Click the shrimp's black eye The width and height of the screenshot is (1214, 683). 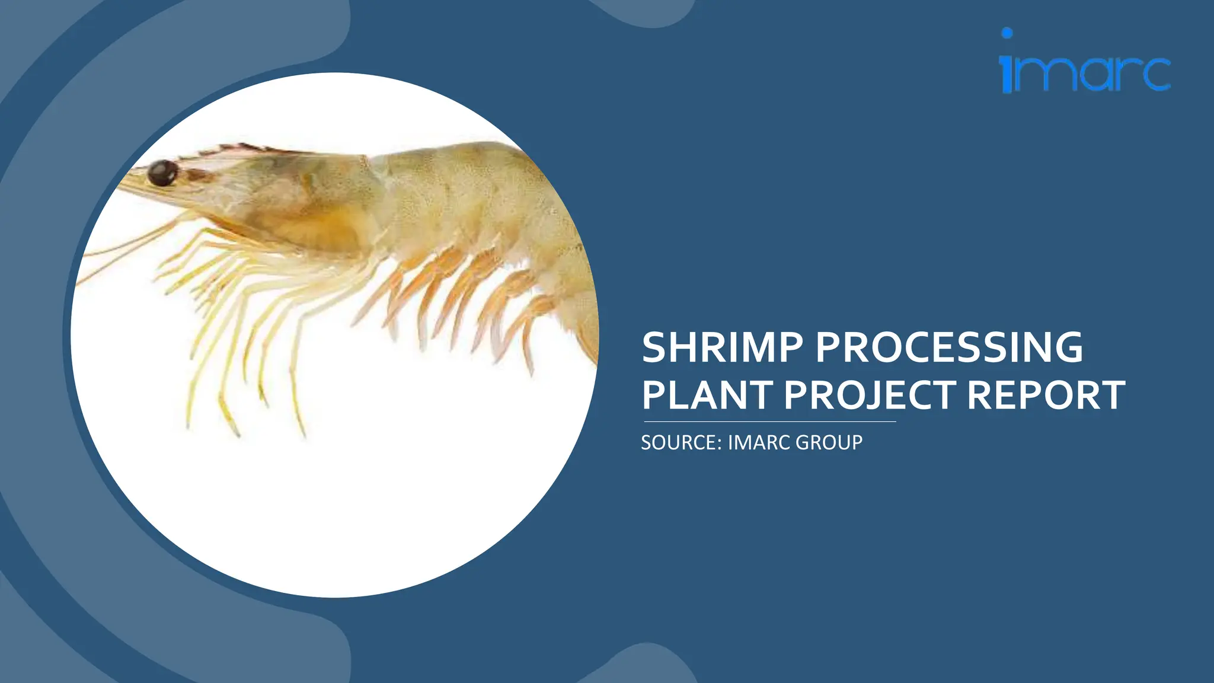pyautogui.click(x=162, y=173)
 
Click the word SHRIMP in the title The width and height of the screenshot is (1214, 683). pyautogui.click(x=722, y=347)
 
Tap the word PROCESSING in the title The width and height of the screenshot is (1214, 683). pyautogui.click(x=949, y=347)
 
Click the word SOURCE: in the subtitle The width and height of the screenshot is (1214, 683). pyautogui.click(x=681, y=442)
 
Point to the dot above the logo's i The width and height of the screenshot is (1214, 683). pyautogui.click(x=1007, y=33)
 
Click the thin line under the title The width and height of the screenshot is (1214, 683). pyautogui.click(x=769, y=422)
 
